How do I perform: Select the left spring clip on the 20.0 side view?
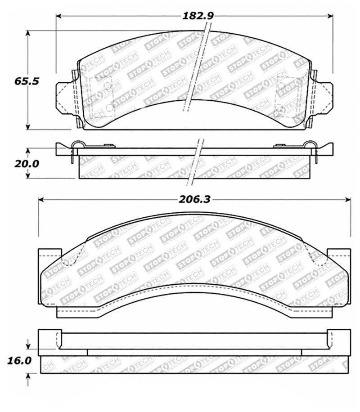pos(77,147)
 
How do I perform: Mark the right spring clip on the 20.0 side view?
pos(310,147)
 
